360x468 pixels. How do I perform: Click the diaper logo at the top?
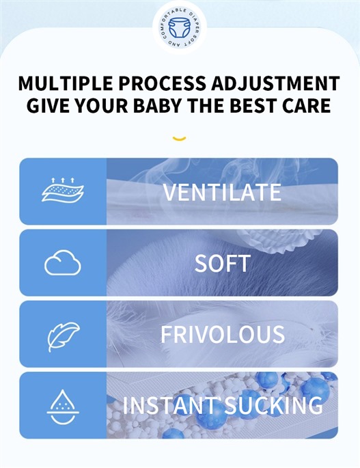point(180,28)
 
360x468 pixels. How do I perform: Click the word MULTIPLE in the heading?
point(66,83)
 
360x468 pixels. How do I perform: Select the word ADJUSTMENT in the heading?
point(275,83)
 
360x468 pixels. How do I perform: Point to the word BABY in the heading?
point(157,105)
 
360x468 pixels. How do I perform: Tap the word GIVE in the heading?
point(47,105)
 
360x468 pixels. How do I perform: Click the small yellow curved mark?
point(180,139)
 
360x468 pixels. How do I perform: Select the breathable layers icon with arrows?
point(63,190)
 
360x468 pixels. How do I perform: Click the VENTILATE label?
point(222,192)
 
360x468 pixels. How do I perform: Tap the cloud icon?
point(63,262)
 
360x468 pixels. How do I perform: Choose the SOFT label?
point(223,263)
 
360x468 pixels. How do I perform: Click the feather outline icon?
point(64,337)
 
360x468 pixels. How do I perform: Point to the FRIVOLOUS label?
point(223,334)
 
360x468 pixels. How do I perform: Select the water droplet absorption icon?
point(63,407)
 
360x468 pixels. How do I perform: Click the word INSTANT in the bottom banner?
point(170,405)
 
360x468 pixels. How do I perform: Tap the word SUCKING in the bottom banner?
point(273,405)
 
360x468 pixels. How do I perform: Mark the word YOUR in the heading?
point(100,105)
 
